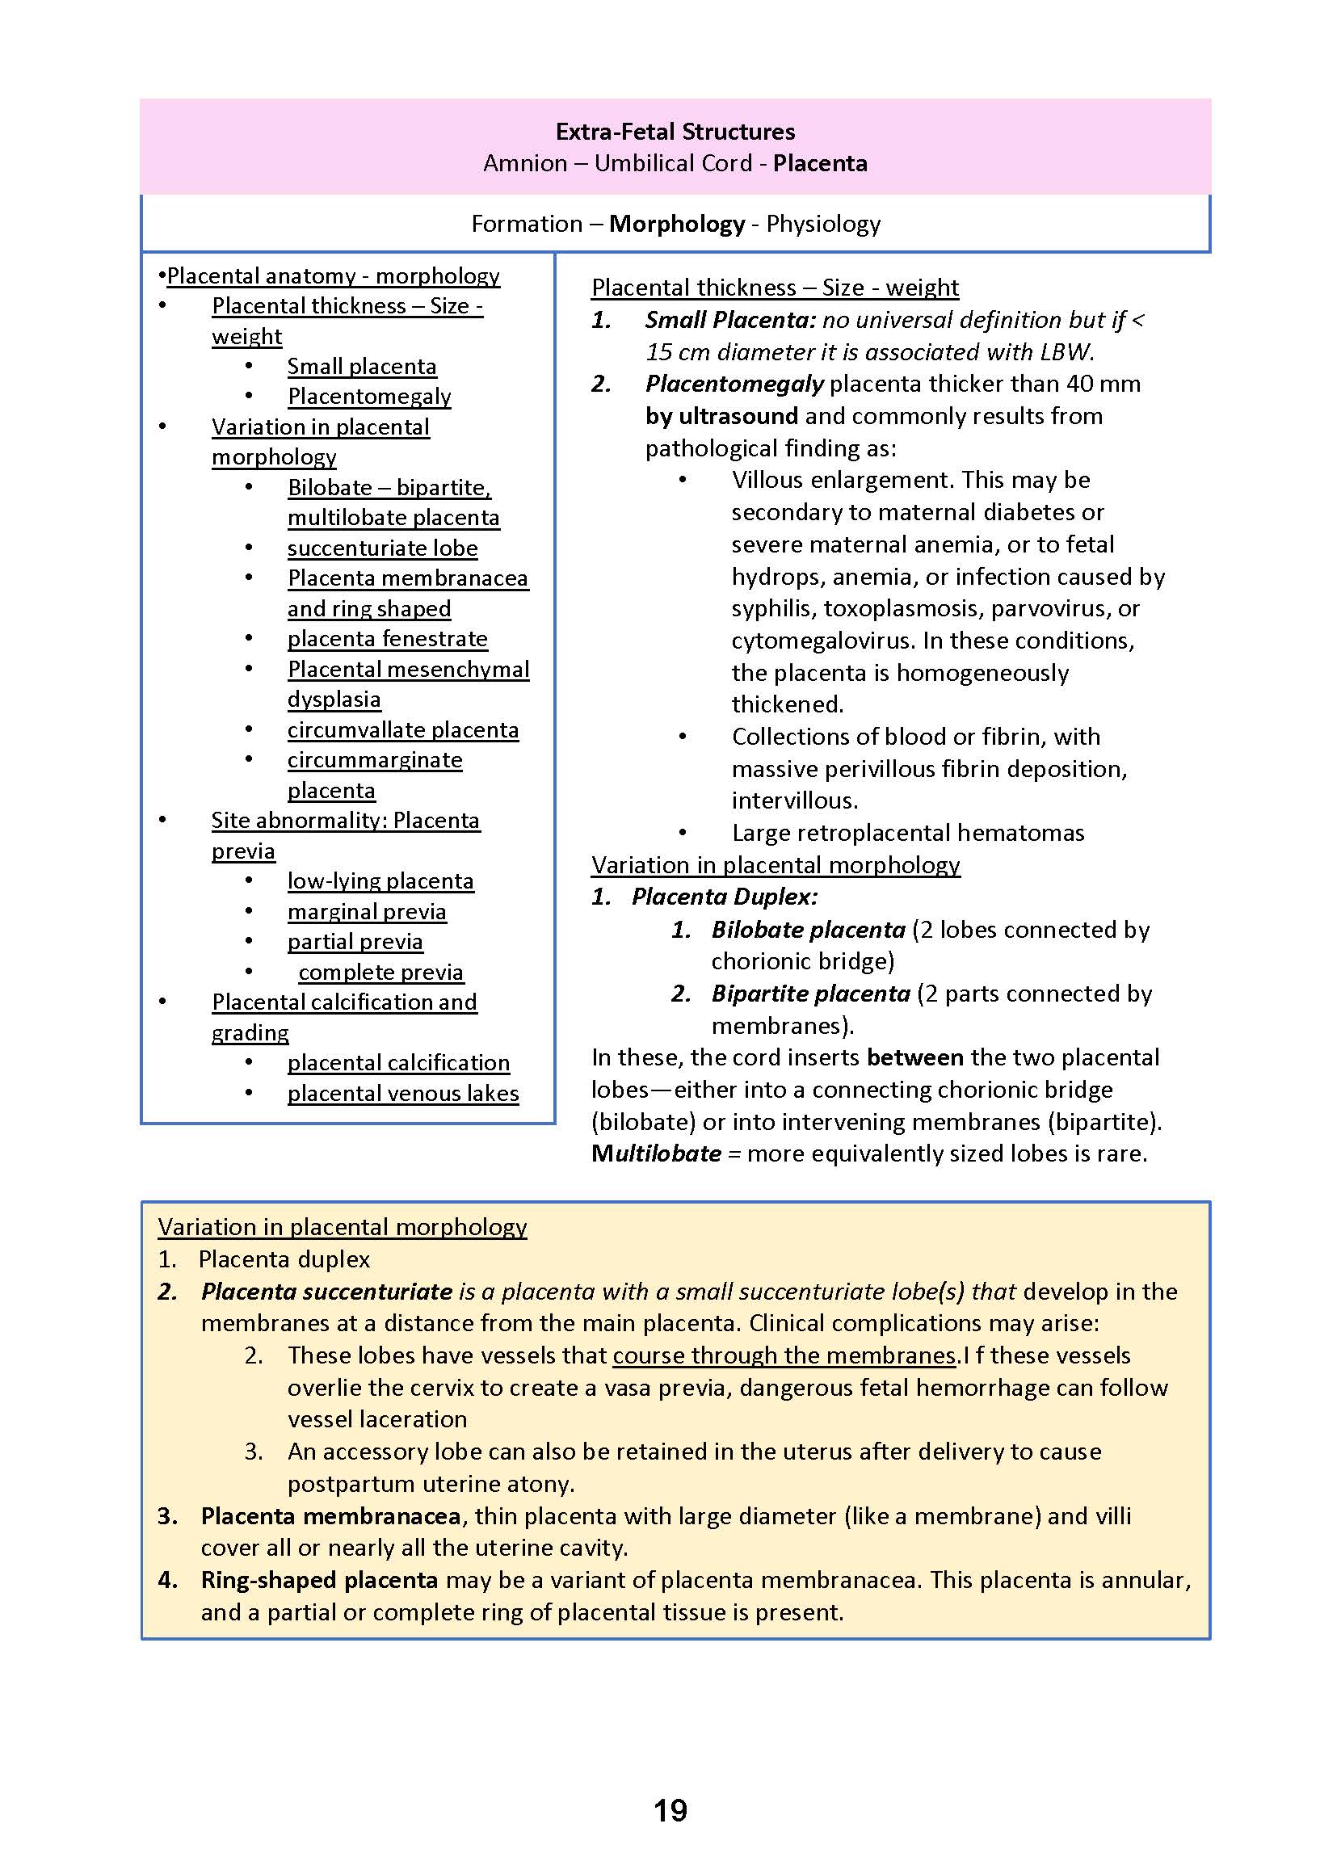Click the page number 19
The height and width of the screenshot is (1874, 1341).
pyautogui.click(x=670, y=1809)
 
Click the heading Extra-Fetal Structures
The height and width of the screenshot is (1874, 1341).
pyautogui.click(x=675, y=132)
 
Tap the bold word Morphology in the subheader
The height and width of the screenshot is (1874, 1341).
pyautogui.click(x=676, y=224)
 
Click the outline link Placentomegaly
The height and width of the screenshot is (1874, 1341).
pyautogui.click(x=369, y=397)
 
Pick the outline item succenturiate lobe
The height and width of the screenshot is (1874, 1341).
pyautogui.click(x=382, y=548)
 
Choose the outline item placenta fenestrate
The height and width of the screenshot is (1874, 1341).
pyautogui.click(x=387, y=639)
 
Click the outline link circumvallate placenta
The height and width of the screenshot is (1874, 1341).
pyautogui.click(x=403, y=729)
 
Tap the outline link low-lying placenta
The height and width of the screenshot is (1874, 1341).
pyautogui.click(x=380, y=881)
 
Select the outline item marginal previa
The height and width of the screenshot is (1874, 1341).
pyautogui.click(x=367, y=911)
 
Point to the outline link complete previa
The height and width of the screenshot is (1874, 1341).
pyautogui.click(x=380, y=972)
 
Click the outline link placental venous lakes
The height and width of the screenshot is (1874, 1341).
pyautogui.click(x=403, y=1093)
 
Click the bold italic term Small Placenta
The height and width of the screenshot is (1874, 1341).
pyautogui.click(x=729, y=320)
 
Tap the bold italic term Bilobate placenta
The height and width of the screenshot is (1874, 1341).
pyautogui.click(x=808, y=930)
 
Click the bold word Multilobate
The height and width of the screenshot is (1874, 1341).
pyautogui.click(x=656, y=1153)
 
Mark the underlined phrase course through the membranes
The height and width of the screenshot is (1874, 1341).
pyautogui.click(x=784, y=1355)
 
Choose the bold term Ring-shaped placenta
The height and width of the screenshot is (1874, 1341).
pyautogui.click(x=319, y=1580)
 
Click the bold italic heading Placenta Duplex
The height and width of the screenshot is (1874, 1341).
pyautogui.click(x=724, y=897)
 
